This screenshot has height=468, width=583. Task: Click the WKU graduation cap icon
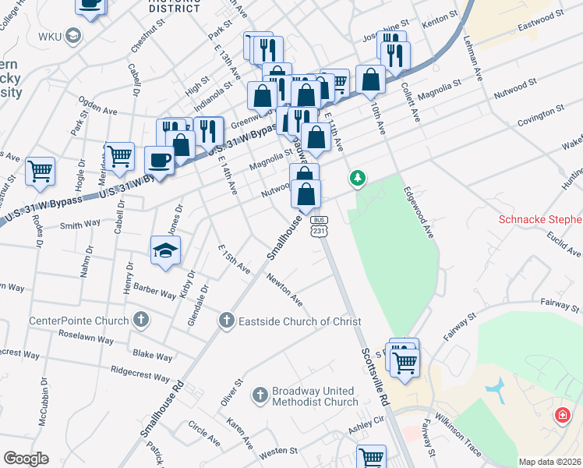coord(73,36)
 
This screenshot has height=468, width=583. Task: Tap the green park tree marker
coord(358,179)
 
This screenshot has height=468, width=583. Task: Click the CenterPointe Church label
coord(79,321)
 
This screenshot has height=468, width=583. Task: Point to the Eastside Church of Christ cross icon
coord(226,320)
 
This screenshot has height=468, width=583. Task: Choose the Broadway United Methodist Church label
coord(316,396)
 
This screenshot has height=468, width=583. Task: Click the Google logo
coord(26,459)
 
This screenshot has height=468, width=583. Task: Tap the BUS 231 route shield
coord(320,227)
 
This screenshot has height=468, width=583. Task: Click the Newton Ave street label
coord(284,289)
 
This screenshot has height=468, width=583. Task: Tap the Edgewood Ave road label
coord(418,211)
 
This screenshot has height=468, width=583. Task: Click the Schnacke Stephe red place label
coord(540,220)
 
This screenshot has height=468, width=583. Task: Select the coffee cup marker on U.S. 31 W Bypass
coord(161,161)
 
